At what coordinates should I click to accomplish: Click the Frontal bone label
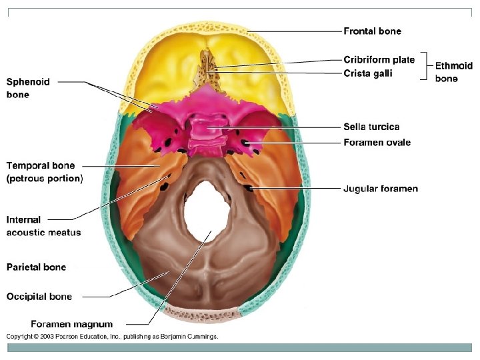[372, 31]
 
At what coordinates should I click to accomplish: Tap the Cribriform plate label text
[379, 60]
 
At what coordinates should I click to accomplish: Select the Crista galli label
[367, 73]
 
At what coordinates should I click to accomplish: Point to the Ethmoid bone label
[453, 72]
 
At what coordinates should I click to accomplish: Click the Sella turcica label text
[371, 127]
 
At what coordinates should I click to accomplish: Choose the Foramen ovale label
[377, 143]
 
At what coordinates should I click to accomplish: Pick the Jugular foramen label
[381, 189]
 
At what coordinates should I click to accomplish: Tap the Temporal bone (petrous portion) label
[44, 172]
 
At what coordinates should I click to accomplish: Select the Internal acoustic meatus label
[43, 226]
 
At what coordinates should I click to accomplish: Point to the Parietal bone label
[36, 267]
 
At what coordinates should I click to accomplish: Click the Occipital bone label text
[39, 297]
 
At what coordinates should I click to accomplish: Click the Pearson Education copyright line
[111, 337]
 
